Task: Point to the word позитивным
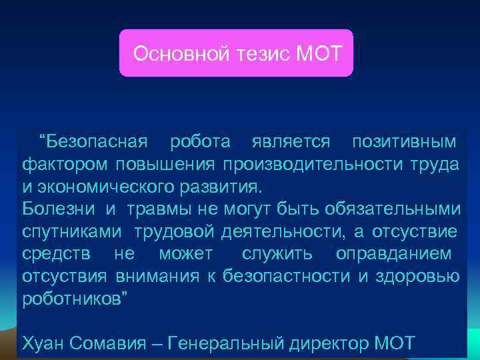404,142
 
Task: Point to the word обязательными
393,208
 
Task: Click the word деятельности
275,231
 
